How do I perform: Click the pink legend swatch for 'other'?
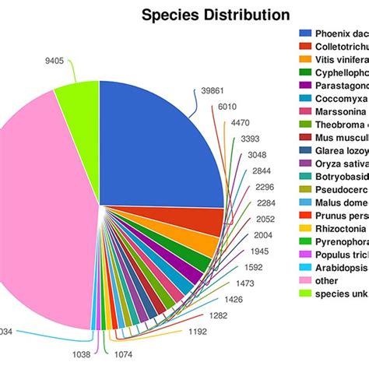(x=305, y=279)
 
